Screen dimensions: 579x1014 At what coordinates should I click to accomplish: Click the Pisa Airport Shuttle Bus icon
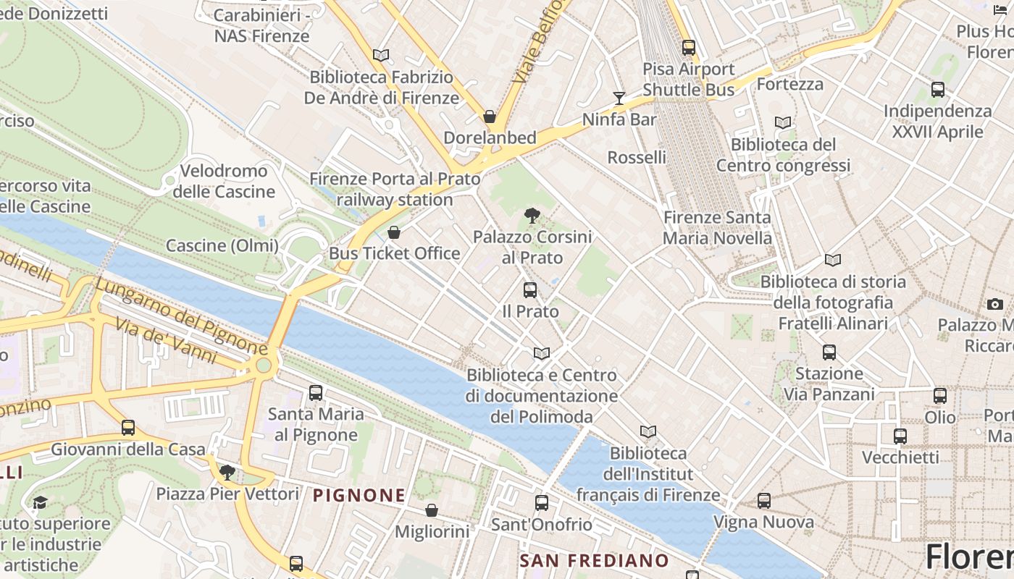click(688, 48)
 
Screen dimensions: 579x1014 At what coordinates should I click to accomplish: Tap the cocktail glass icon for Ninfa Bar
click(619, 98)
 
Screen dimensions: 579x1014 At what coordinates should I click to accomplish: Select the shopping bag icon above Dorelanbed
click(490, 117)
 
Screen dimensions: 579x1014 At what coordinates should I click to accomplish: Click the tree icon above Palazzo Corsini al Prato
click(532, 215)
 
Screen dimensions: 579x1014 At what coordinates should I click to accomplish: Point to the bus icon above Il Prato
click(530, 290)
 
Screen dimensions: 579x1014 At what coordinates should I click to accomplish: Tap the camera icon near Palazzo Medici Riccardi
click(995, 304)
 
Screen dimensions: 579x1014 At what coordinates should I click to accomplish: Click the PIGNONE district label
click(359, 496)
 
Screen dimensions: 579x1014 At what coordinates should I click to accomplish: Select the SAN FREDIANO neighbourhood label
click(594, 561)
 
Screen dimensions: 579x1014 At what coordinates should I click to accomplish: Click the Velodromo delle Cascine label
click(224, 182)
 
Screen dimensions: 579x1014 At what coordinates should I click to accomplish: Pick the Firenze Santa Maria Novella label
click(717, 227)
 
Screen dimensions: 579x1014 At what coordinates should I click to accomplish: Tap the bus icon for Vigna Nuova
click(763, 501)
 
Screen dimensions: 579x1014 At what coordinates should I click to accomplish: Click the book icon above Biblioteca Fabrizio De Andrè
click(381, 55)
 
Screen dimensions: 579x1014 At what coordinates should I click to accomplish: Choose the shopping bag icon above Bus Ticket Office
click(393, 232)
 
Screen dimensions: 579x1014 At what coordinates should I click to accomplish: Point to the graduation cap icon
click(40, 502)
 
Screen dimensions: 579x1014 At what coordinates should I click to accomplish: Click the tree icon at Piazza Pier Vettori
click(227, 473)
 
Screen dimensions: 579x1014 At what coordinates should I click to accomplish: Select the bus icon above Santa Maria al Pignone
click(316, 393)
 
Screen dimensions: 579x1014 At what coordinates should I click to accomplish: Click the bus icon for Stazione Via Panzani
click(829, 352)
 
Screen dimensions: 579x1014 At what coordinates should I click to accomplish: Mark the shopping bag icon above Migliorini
click(432, 510)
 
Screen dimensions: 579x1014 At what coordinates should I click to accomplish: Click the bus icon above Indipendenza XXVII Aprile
click(938, 90)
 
